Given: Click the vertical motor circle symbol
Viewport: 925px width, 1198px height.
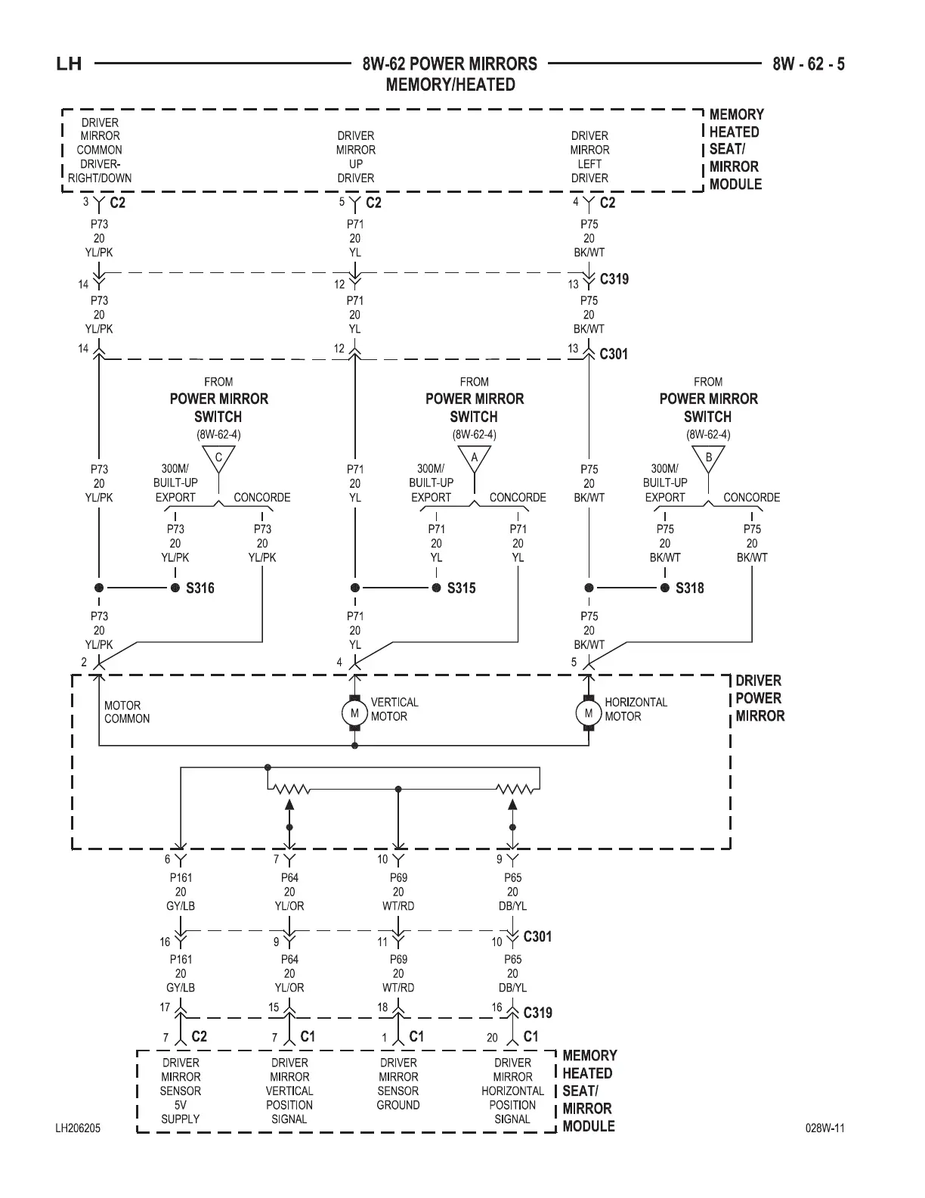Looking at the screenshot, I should click(x=354, y=712).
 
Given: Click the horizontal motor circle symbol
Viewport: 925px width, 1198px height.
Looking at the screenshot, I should click(x=588, y=712).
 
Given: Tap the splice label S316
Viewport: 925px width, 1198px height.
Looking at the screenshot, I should click(x=200, y=588).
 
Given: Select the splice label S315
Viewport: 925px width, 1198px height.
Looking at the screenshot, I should click(x=461, y=588).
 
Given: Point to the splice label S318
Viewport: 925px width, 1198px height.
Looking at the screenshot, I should click(x=689, y=588).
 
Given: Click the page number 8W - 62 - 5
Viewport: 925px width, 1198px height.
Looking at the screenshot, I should click(x=809, y=64).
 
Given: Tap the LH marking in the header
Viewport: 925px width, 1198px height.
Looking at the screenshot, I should click(x=69, y=64).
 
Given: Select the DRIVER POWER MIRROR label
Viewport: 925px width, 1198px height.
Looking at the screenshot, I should click(x=759, y=698).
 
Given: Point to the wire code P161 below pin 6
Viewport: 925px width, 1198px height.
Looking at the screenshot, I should click(x=181, y=878).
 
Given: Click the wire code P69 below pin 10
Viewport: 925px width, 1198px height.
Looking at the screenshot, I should click(x=398, y=878).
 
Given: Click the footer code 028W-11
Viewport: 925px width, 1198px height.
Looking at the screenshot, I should click(x=825, y=1128).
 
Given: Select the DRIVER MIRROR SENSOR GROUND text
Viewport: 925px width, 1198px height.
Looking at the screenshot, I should click(x=398, y=1084).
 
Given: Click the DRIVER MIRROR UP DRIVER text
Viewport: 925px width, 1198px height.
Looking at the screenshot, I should click(x=355, y=157).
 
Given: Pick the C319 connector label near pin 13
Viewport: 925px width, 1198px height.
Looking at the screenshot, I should click(x=614, y=279).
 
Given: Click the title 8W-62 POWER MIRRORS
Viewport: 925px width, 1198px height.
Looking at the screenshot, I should click(x=450, y=64).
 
